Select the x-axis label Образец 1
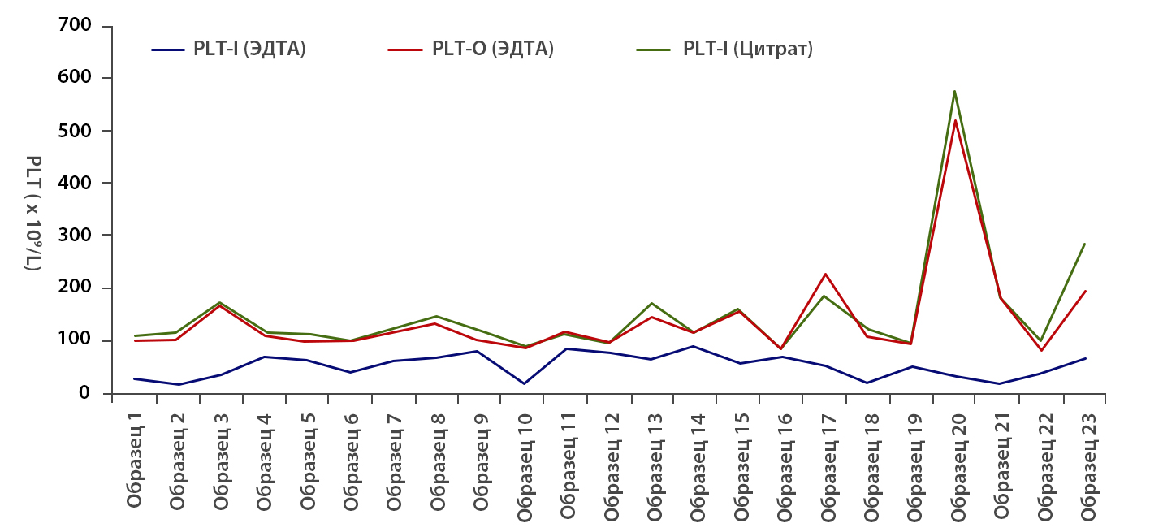(135, 460)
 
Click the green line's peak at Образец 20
(955, 91)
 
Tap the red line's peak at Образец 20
(955, 121)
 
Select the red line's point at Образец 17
(825, 274)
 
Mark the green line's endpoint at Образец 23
(1085, 244)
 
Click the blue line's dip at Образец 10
(524, 383)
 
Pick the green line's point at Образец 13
(652, 303)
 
